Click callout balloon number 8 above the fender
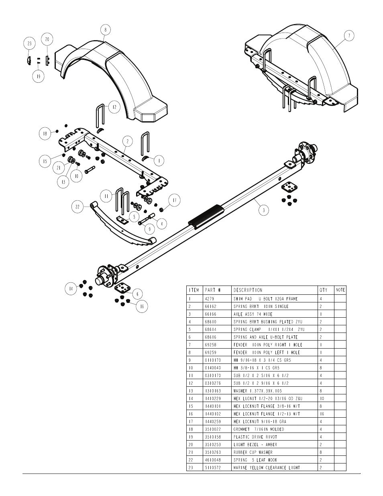pyautogui.click(x=106, y=30)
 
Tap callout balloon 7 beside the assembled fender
pyautogui.click(x=349, y=36)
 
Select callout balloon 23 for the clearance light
pyautogui.click(x=30, y=43)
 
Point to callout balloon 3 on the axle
pyautogui.click(x=264, y=210)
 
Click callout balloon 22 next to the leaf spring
pyautogui.click(x=77, y=207)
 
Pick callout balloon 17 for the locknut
pyautogui.click(x=175, y=200)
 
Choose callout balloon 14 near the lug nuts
pyautogui.click(x=71, y=289)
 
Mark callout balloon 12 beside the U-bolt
pyautogui.click(x=114, y=107)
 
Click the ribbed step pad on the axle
pyautogui.click(x=206, y=216)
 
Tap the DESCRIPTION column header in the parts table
pyautogui.click(x=248, y=290)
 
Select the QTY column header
pyautogui.click(x=324, y=290)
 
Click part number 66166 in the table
pyautogui.click(x=210, y=314)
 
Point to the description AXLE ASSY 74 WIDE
pyautogui.click(x=253, y=314)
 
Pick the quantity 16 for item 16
pyautogui.click(x=322, y=414)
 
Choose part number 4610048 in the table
pyautogui.click(x=213, y=460)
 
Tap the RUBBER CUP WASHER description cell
pyautogui.click(x=253, y=452)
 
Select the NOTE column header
pyautogui.click(x=340, y=290)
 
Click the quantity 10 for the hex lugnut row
pyautogui.click(x=322, y=398)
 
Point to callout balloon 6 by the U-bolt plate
pyautogui.click(x=137, y=294)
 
